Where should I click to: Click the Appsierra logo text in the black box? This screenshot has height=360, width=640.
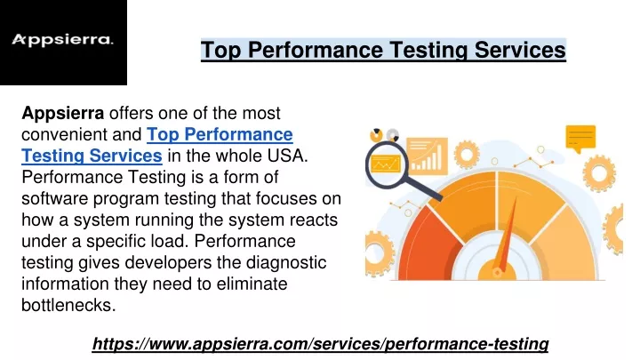[62, 40]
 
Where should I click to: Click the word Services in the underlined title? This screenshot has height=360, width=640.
[520, 50]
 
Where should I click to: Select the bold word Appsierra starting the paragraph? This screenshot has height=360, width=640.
[62, 113]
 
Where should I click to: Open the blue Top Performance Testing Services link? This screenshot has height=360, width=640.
[157, 145]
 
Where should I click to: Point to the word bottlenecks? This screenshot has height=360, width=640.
[68, 305]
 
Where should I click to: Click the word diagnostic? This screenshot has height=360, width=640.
[286, 262]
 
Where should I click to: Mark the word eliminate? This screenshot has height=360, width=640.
[252, 284]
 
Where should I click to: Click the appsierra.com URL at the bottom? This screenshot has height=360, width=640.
[320, 344]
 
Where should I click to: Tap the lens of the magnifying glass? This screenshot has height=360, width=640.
[385, 164]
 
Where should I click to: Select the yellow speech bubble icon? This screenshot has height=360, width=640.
[580, 138]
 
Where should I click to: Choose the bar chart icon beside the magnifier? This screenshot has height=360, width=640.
[428, 156]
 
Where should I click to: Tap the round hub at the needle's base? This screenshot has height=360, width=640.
[497, 272]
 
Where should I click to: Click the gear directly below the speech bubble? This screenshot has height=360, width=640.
[599, 173]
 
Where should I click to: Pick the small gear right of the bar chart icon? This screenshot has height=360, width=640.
[467, 155]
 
